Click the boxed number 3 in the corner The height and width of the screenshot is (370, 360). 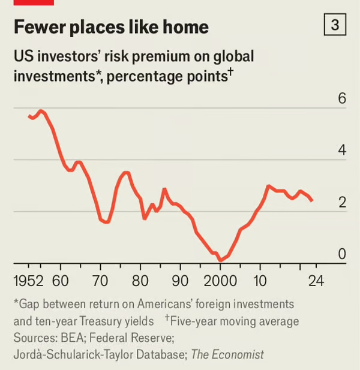coord(335,25)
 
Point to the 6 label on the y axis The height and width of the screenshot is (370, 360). coord(342,98)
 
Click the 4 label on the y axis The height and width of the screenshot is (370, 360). coord(342,151)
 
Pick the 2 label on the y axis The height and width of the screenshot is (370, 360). coord(342,203)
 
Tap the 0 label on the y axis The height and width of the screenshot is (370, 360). coord(342,254)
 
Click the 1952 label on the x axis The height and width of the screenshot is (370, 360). coord(28,281)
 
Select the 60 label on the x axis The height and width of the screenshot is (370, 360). coord(60,281)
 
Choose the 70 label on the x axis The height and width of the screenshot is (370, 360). coord(100,281)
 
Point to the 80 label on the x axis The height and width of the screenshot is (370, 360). coord(140,281)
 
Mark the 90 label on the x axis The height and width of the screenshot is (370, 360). coord(180,281)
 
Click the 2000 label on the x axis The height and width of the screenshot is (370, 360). coord(220,281)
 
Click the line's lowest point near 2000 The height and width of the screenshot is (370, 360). coord(220,261)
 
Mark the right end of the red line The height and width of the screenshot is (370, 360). coord(312,201)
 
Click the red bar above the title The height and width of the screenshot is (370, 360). coord(34,2)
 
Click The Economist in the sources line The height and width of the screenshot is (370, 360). coord(227,354)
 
